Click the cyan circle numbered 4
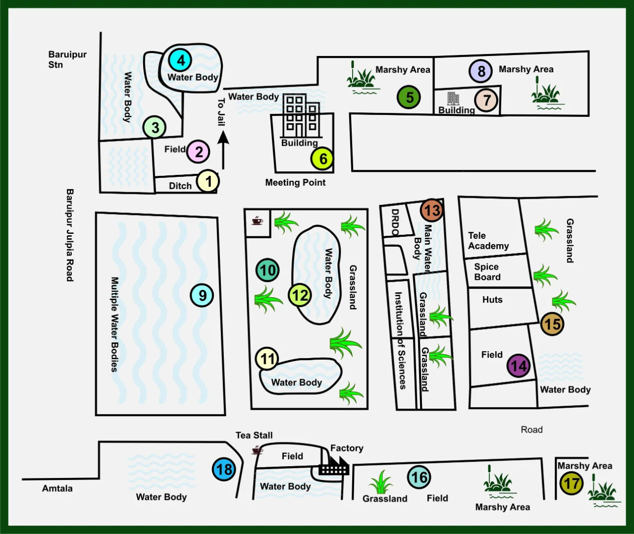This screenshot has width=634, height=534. coord(181,60)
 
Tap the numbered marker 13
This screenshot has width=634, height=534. coord(431,210)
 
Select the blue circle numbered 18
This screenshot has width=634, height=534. coord(224,469)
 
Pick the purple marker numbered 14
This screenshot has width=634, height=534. coord(519,366)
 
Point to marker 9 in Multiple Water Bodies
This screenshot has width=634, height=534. coord(202,295)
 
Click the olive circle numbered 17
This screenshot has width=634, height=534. coord(571,483)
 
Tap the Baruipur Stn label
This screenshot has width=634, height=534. coord(67,59)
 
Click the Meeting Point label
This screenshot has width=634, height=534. coord(295,182)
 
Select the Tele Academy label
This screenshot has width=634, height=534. coord(488,241)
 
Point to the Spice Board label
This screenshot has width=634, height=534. coord(487,272)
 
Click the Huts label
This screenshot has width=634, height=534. coord(492,300)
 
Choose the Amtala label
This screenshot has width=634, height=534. coord(57,488)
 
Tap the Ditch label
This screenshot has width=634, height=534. coord(180,186)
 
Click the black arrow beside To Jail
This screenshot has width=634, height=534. coord(223,151)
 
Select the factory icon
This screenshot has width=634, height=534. coord(333,466)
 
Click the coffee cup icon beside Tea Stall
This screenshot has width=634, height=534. coord(257,450)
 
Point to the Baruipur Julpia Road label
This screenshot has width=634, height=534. coord(70,235)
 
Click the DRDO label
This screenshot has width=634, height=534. coord(395,222)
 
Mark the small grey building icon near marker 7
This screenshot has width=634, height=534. coord(453,99)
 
